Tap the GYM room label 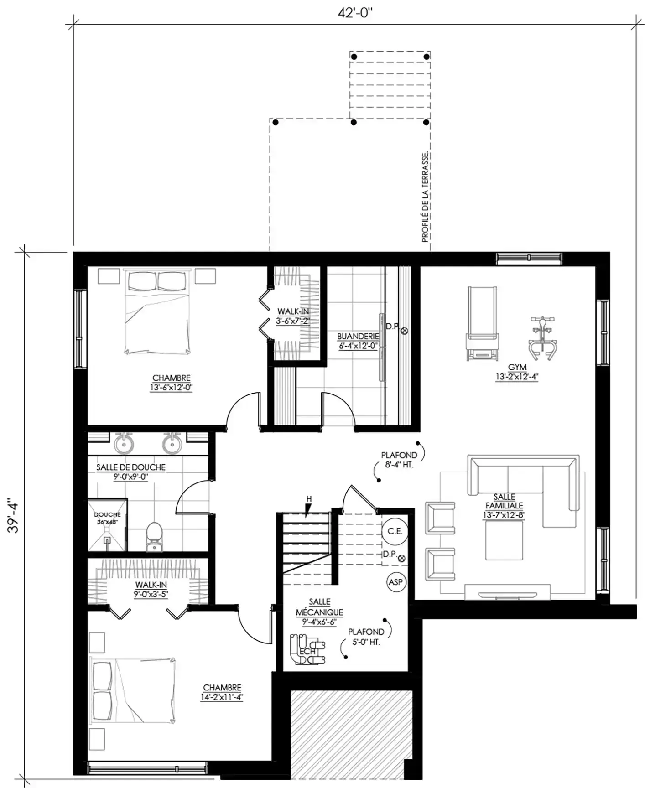(517, 367)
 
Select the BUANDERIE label (358, 336)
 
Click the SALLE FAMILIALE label (505, 501)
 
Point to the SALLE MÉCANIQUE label (319, 607)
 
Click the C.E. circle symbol (395, 531)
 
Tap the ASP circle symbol (395, 582)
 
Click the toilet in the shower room (154, 537)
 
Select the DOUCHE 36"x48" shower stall (107, 525)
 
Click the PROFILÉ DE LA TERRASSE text (425, 197)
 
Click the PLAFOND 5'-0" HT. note (366, 637)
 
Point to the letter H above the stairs (309, 499)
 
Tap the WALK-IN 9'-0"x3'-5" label (151, 590)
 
